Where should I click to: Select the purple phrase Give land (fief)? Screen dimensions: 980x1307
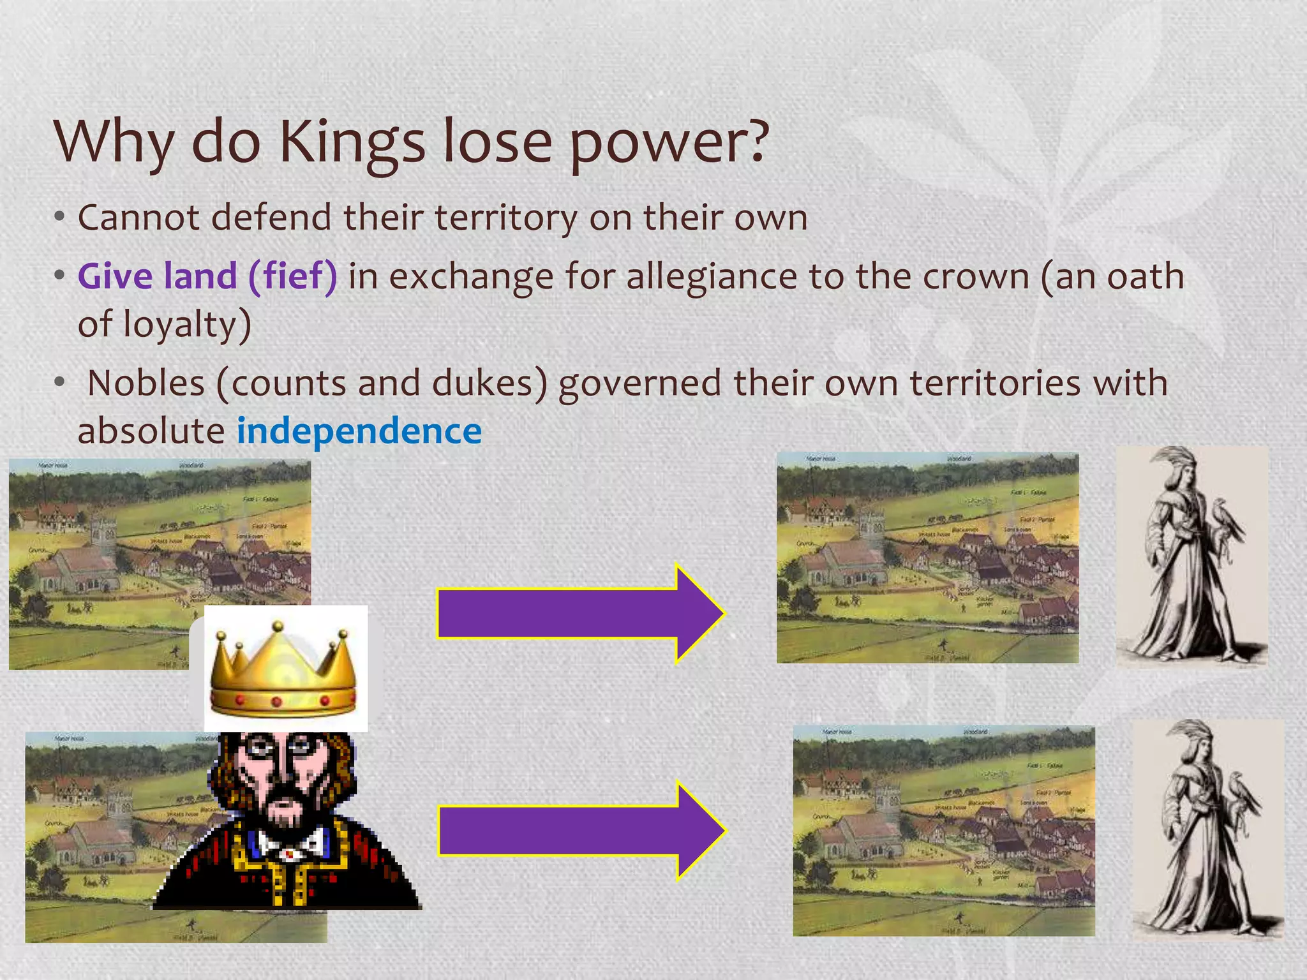pyautogui.click(x=207, y=276)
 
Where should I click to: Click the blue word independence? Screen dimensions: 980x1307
pyautogui.click(x=359, y=431)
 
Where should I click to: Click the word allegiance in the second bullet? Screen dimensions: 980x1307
pyautogui.click(x=712, y=277)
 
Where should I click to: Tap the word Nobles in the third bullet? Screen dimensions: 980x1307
pyautogui.click(x=146, y=383)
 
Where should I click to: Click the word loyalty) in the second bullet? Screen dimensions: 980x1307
pyautogui.click(x=187, y=324)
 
